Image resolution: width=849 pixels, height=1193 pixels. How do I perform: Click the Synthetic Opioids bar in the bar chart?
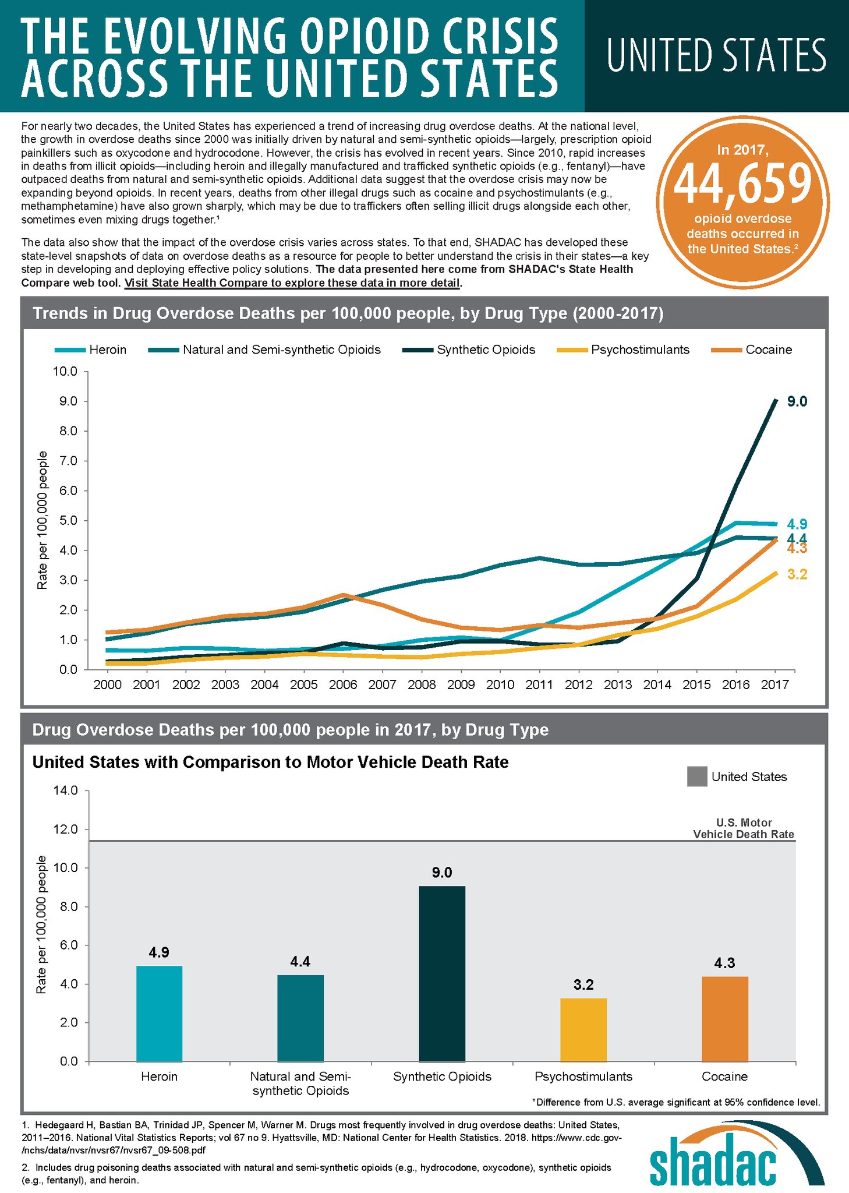click(x=442, y=973)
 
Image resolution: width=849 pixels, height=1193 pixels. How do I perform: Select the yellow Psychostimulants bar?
click(x=583, y=1029)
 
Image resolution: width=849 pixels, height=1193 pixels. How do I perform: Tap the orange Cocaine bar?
click(x=724, y=1019)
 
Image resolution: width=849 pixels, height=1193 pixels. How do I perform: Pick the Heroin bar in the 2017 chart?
click(x=159, y=1013)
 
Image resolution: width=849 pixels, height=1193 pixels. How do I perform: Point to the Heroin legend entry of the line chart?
click(x=91, y=350)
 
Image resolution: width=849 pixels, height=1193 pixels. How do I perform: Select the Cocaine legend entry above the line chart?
click(x=752, y=350)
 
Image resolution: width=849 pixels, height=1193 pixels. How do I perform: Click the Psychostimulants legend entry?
click(x=623, y=350)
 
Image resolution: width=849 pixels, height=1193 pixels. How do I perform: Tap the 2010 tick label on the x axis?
click(x=500, y=684)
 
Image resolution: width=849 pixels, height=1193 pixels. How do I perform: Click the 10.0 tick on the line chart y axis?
click(x=65, y=372)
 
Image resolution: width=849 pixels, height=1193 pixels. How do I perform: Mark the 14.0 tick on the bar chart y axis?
click(x=65, y=790)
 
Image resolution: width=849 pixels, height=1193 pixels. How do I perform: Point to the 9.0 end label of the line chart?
click(x=797, y=401)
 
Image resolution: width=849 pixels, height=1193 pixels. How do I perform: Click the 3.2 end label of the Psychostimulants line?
click(x=797, y=574)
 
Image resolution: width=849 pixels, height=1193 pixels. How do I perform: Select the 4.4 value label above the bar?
click(x=300, y=961)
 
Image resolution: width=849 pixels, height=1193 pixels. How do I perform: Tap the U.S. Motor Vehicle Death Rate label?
click(x=744, y=828)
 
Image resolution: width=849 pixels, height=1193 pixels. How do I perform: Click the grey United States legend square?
click(x=697, y=776)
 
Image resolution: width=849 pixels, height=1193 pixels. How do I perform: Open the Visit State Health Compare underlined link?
click(x=292, y=283)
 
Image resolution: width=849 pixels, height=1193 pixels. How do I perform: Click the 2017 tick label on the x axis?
click(x=775, y=684)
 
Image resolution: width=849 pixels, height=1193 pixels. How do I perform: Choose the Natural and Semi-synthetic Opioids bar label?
click(x=300, y=1083)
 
